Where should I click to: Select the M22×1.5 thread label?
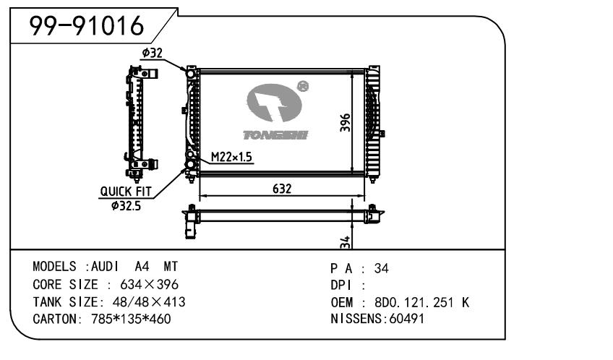point(231,157)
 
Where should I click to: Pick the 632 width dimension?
point(282,188)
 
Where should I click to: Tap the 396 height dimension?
point(345,124)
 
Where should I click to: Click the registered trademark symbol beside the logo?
point(304,86)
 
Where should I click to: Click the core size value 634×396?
point(142,285)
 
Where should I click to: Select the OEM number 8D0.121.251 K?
point(421,301)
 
